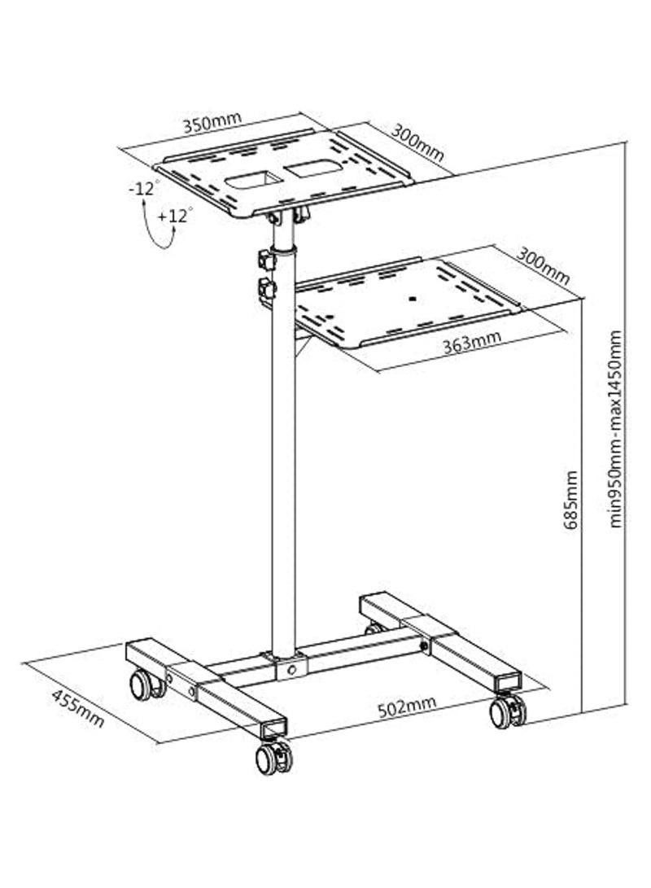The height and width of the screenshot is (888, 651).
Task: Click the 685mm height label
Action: click(572, 499)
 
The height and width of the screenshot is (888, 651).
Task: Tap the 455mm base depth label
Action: click(78, 707)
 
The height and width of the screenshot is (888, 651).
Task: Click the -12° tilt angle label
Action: click(143, 189)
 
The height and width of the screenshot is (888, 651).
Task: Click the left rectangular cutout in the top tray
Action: click(251, 177)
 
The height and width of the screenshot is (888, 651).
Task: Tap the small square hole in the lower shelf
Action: click(412, 298)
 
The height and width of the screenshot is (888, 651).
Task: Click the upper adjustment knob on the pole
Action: click(265, 260)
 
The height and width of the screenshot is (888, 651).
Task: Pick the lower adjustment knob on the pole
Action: click(265, 287)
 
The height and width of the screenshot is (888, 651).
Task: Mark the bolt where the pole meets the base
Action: click(291, 670)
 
